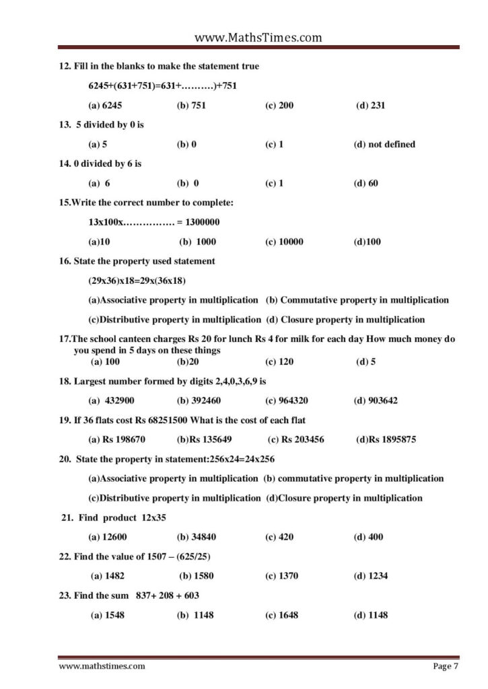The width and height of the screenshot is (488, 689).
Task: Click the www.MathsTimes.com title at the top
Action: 258,38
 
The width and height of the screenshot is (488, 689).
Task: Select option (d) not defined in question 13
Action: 384,144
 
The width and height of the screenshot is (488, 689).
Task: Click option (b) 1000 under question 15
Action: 197,242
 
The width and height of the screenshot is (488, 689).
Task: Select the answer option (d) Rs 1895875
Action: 386,439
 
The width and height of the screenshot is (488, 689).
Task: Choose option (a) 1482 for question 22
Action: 108,576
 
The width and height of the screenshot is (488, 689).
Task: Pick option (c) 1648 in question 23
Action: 282,615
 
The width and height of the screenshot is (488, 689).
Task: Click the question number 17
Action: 65,339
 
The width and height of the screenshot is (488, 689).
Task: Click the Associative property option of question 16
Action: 173,300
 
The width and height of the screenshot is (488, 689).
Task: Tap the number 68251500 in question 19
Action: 172,420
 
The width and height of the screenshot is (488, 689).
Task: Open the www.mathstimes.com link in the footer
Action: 102,666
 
